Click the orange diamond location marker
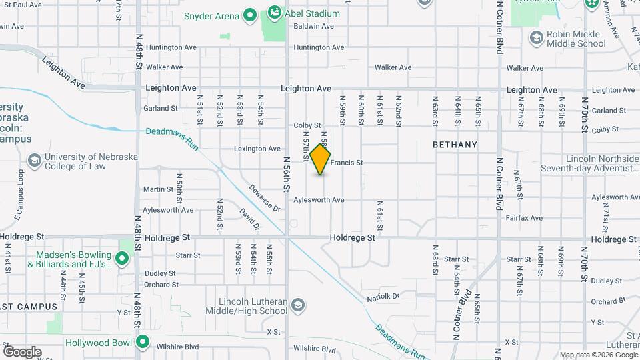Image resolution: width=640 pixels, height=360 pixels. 321,160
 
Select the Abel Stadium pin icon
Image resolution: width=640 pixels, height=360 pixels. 274,13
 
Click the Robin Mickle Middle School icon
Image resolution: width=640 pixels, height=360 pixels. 536,38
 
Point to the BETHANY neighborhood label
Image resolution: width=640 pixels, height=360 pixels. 455,145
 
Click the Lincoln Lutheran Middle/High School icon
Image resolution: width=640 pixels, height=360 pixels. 298,306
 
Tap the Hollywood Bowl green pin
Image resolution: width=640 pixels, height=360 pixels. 141,343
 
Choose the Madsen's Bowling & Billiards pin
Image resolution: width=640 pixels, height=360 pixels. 122,258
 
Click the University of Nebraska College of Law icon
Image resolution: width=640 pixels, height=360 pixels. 34,161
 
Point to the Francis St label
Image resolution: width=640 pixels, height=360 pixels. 347,163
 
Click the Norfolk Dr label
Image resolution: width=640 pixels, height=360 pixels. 385,296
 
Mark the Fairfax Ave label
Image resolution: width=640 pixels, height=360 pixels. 524,218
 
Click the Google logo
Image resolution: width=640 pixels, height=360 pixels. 22,352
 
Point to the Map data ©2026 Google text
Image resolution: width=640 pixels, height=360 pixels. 597,355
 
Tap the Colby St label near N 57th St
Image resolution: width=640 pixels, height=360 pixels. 307,125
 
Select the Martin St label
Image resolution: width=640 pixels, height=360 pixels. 158,189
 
